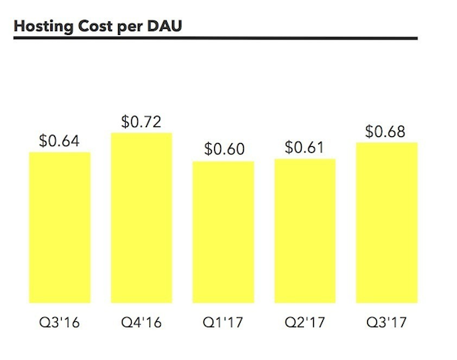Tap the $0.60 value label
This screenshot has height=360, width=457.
tap(224, 149)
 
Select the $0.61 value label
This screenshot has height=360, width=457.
tap(305, 147)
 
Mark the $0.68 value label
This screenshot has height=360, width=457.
tap(385, 131)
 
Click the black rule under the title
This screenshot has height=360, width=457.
tap(216, 37)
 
